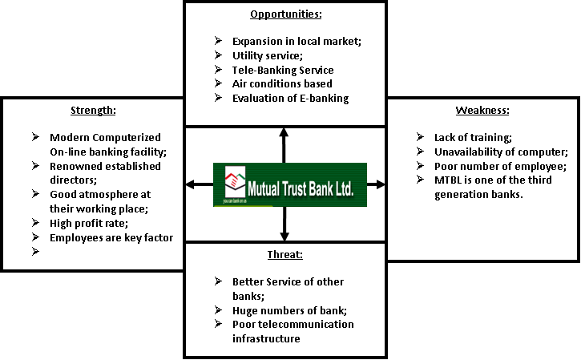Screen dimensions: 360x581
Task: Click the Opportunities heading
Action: tap(284, 14)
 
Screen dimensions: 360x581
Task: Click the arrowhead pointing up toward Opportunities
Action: tap(284, 131)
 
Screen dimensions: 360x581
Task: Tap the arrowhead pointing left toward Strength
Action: tap(190, 184)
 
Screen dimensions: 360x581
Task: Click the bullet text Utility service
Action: tap(268, 55)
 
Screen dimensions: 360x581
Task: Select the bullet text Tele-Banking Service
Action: tap(283, 70)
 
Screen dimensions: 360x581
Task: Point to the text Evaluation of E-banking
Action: tap(290, 98)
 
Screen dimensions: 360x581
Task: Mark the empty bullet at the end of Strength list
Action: tap(34, 252)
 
